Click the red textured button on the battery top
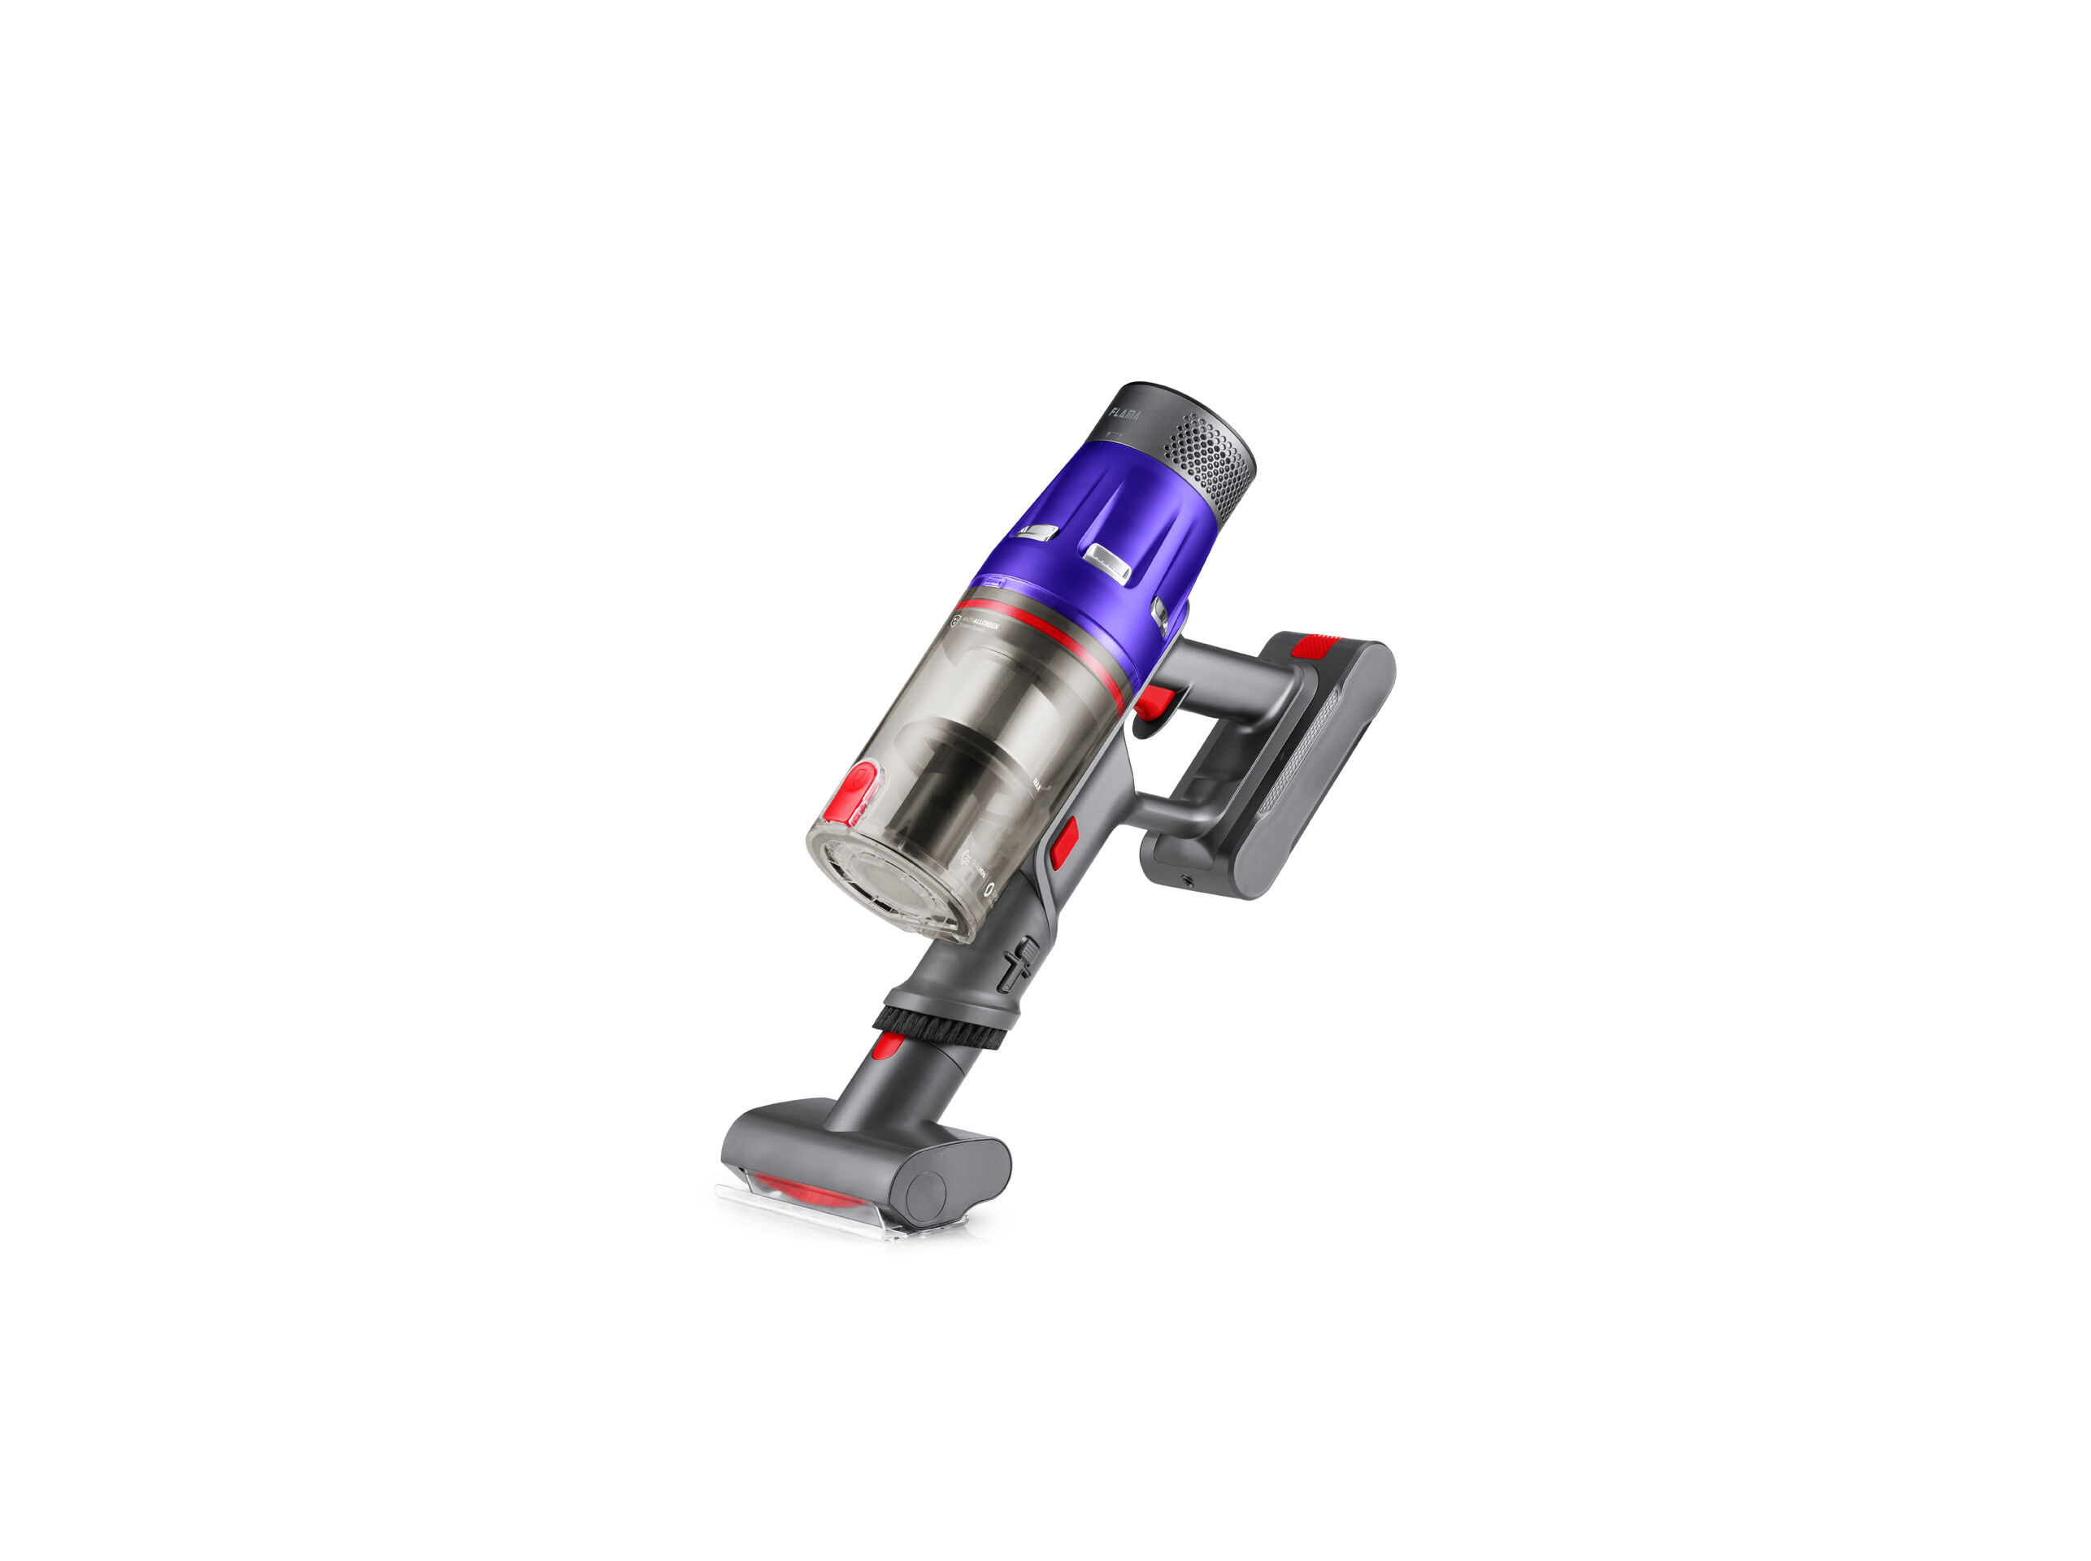tap(1316, 647)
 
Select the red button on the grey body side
tap(1065, 842)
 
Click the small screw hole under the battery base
tap(1188, 881)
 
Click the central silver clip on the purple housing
tap(1107, 561)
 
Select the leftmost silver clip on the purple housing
tap(1037, 532)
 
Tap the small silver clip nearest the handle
tap(1160, 613)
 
